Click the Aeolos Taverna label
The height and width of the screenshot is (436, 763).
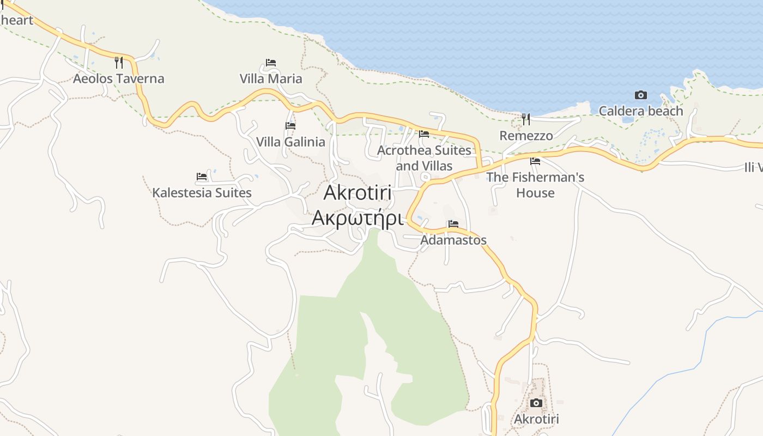[x=118, y=78]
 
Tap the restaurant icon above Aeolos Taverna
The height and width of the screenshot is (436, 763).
[x=118, y=62]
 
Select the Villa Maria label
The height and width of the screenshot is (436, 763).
[x=271, y=78]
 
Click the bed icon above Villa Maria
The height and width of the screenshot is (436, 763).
[x=271, y=63]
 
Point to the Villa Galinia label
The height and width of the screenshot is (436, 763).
[x=290, y=142]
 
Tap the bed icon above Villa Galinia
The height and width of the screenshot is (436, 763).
[x=290, y=126]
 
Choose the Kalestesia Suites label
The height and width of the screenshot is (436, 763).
[x=202, y=192]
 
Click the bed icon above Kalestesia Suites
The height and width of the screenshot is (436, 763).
[x=202, y=177]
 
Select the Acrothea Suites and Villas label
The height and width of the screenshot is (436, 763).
[x=424, y=158]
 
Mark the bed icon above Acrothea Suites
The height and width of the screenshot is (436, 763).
[x=424, y=134]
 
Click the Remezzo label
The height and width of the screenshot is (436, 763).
[x=526, y=135]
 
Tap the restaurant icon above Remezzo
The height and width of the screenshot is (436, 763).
[x=526, y=119]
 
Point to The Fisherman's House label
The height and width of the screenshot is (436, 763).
[x=535, y=185]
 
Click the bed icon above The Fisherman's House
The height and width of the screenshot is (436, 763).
[x=535, y=161]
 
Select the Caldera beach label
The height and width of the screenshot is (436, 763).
[x=640, y=111]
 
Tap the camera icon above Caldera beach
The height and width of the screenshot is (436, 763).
[x=640, y=95]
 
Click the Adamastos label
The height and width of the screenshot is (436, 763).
[x=453, y=240]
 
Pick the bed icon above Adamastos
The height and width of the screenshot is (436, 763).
[x=453, y=224]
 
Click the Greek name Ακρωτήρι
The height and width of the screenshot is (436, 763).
[x=358, y=217]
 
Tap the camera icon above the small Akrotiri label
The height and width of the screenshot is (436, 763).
[x=536, y=403]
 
